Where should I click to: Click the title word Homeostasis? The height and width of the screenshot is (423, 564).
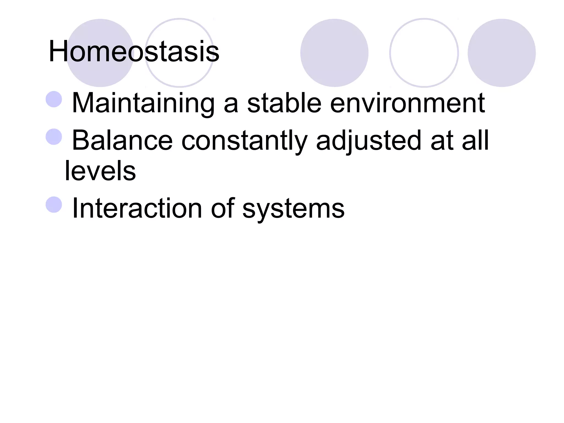click(134, 52)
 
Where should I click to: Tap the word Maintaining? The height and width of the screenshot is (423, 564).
click(143, 103)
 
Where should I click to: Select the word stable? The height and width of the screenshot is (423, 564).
click(284, 103)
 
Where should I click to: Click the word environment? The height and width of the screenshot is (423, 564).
click(407, 103)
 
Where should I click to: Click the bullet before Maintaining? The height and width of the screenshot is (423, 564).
click(54, 99)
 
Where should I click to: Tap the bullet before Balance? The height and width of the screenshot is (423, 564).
click(54, 137)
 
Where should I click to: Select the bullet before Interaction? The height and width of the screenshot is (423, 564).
click(54, 205)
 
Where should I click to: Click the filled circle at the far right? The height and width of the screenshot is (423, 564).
click(501, 53)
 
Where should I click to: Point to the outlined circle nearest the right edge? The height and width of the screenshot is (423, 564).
click(424, 53)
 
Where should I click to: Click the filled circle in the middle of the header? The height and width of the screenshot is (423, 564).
click(334, 53)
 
